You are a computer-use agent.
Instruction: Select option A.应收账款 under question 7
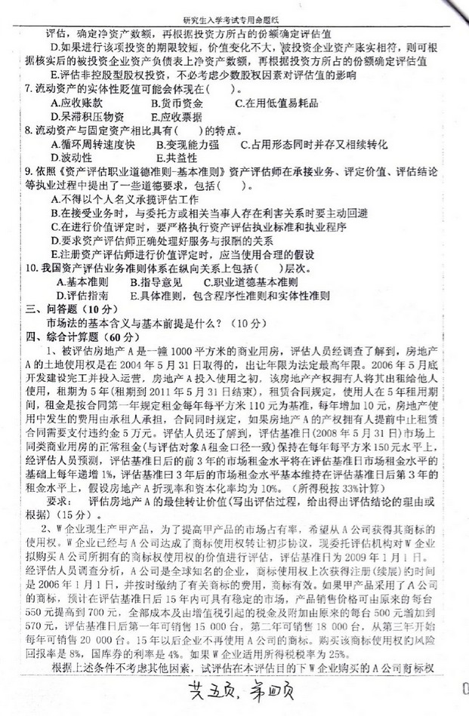tap(76, 103)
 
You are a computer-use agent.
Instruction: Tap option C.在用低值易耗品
tap(276, 103)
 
